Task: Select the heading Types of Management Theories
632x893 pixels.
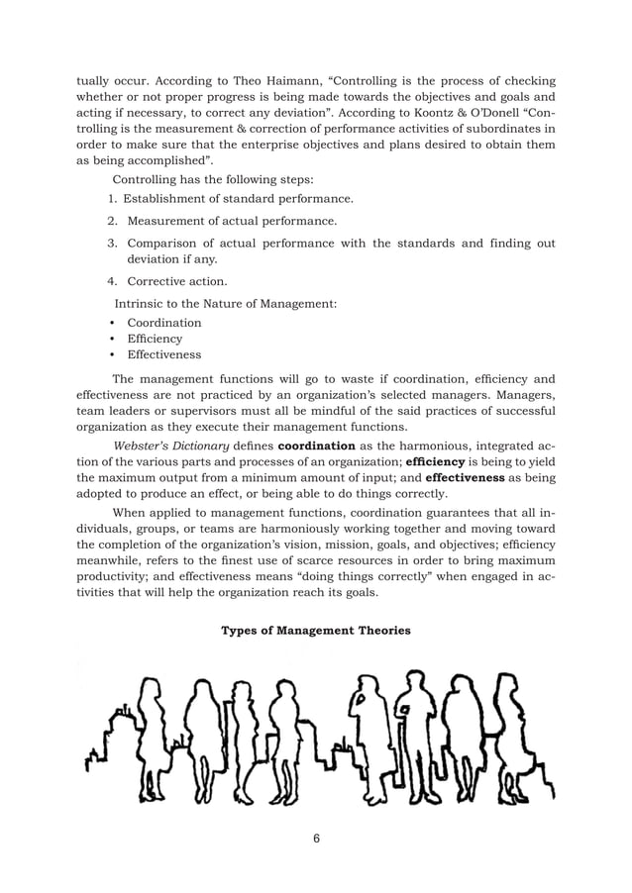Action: [x=315, y=630]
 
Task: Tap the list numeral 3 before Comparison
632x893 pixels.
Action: [x=112, y=244]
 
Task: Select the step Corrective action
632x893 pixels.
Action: [x=176, y=281]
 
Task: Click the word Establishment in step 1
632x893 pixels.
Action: [x=168, y=199]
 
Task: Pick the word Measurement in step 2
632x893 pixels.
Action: [x=165, y=221]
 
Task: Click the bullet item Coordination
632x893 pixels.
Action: [x=163, y=323]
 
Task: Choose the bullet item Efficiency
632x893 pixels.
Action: [x=155, y=339]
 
